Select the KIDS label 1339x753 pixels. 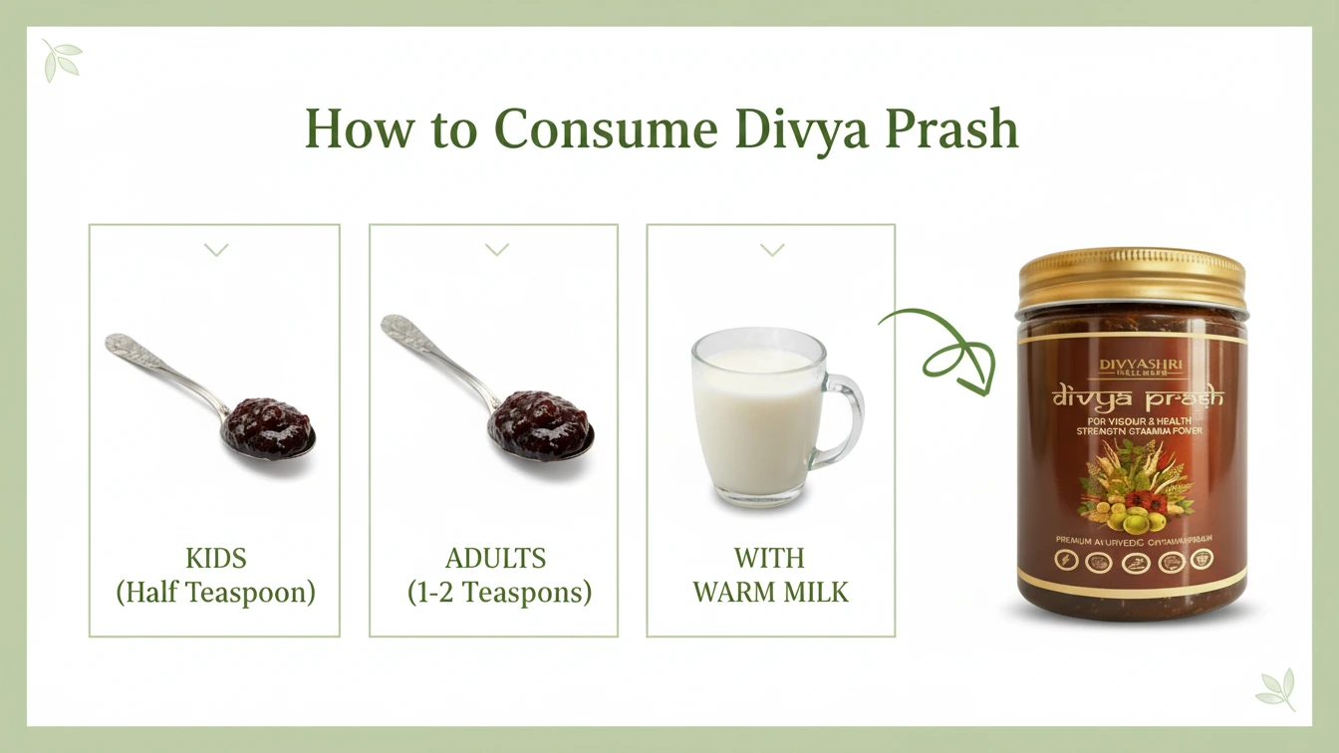tap(216, 558)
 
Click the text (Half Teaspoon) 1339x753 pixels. tap(216, 593)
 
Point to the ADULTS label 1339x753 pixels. tap(496, 558)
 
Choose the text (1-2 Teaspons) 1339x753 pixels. tap(499, 593)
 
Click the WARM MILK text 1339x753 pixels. tap(770, 593)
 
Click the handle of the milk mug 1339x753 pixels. tap(845, 418)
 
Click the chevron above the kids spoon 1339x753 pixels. tap(216, 249)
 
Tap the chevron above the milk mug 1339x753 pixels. tap(772, 249)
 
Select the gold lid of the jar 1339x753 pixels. tap(1132, 278)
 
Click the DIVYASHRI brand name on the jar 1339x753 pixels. tap(1141, 365)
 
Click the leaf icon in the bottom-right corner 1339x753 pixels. tap(1276, 688)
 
